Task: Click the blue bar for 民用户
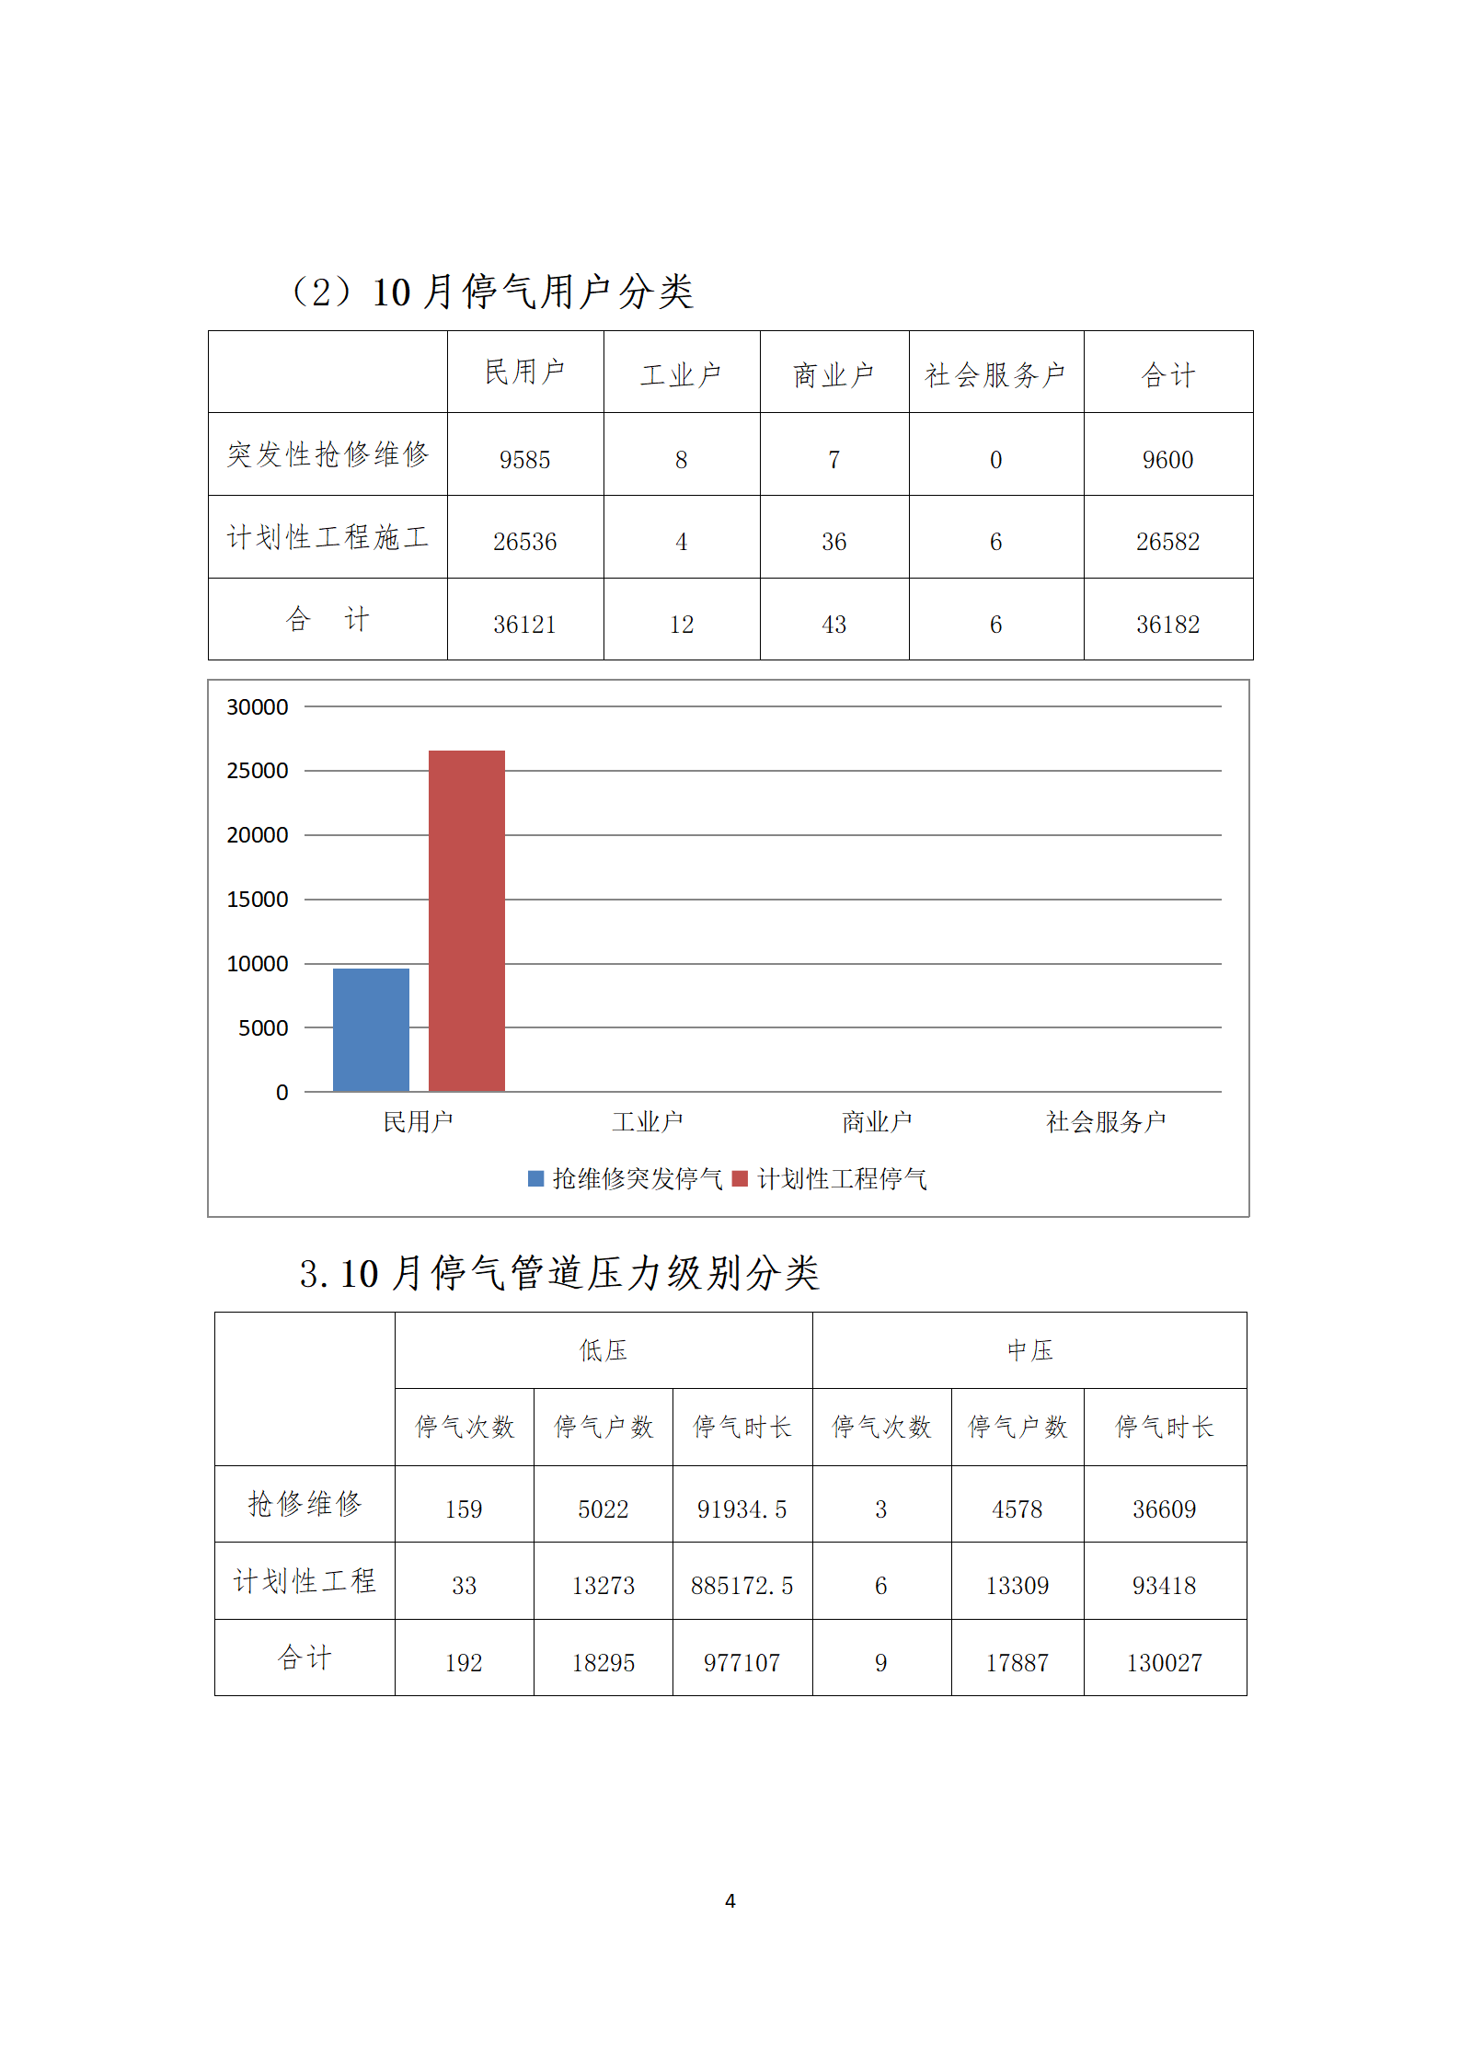pos(371,1029)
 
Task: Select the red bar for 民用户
pos(466,921)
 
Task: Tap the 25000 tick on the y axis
pos(258,771)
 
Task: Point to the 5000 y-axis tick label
pos(263,1028)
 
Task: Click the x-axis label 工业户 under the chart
pos(648,1122)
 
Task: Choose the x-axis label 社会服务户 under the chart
pos(1106,1122)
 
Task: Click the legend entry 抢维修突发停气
pos(626,1179)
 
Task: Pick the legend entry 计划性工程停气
pos(831,1179)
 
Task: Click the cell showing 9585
pos(524,460)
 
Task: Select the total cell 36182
pos(1167,625)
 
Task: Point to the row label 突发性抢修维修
pos(328,454)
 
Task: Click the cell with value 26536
pos(524,542)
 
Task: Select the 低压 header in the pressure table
pos(604,1350)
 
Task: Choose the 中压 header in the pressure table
pos(1029,1350)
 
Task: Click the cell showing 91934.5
pos(741,1509)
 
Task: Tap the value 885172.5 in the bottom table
pos(741,1586)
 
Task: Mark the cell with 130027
pos(1164,1663)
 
